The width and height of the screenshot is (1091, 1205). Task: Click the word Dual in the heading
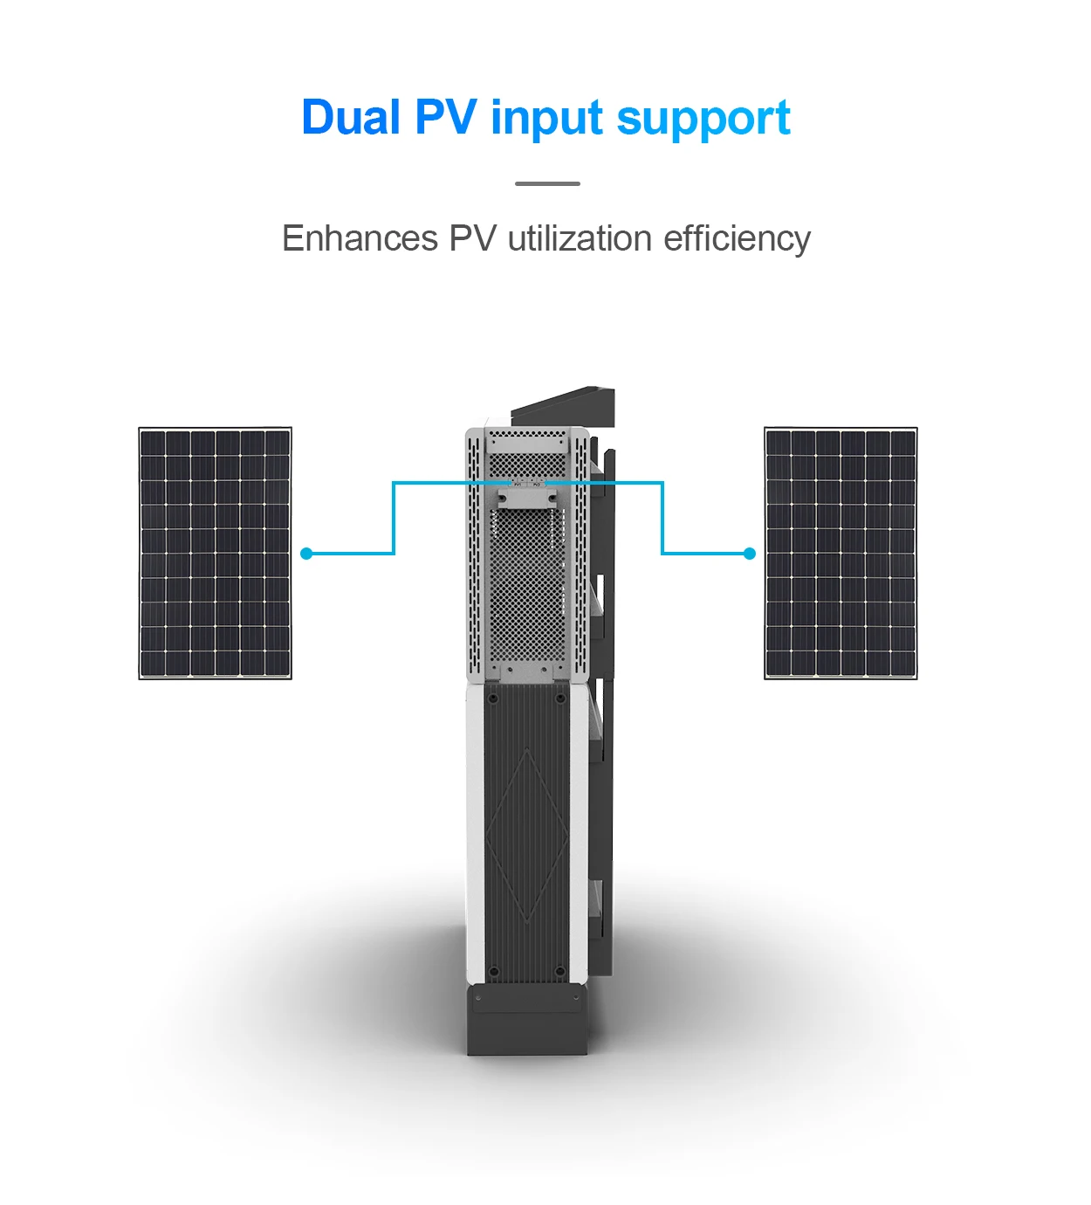click(351, 118)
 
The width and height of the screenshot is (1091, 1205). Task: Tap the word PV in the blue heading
click(446, 118)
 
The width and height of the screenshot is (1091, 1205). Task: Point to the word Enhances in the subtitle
click(360, 238)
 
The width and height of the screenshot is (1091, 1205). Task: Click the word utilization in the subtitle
click(580, 238)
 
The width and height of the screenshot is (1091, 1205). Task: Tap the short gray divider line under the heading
click(547, 183)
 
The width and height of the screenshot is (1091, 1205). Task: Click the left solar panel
click(215, 553)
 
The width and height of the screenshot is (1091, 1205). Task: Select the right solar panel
click(841, 553)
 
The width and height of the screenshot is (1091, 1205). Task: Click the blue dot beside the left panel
click(306, 554)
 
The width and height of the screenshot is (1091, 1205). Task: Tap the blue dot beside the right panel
click(749, 554)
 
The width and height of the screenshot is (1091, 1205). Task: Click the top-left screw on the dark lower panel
click(493, 699)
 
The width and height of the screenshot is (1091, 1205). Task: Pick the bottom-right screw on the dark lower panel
click(559, 970)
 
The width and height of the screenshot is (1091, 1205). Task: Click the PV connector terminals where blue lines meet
click(527, 481)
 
